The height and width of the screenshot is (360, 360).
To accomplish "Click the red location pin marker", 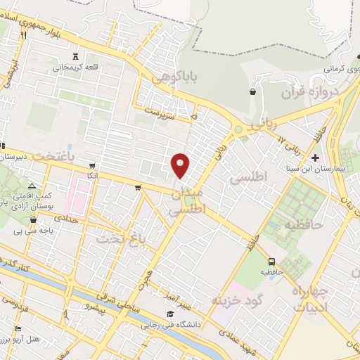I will click(x=181, y=165).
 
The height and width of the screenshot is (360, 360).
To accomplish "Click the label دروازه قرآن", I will click(x=310, y=92).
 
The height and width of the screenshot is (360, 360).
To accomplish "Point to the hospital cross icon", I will click(x=315, y=157).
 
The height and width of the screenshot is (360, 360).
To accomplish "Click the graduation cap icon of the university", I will click(x=169, y=314).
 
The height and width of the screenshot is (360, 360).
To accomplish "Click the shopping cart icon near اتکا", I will click(x=138, y=187).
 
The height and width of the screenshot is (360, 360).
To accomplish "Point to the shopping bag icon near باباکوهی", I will click(x=252, y=92).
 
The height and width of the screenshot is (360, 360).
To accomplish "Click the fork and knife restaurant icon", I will click(x=23, y=34).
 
